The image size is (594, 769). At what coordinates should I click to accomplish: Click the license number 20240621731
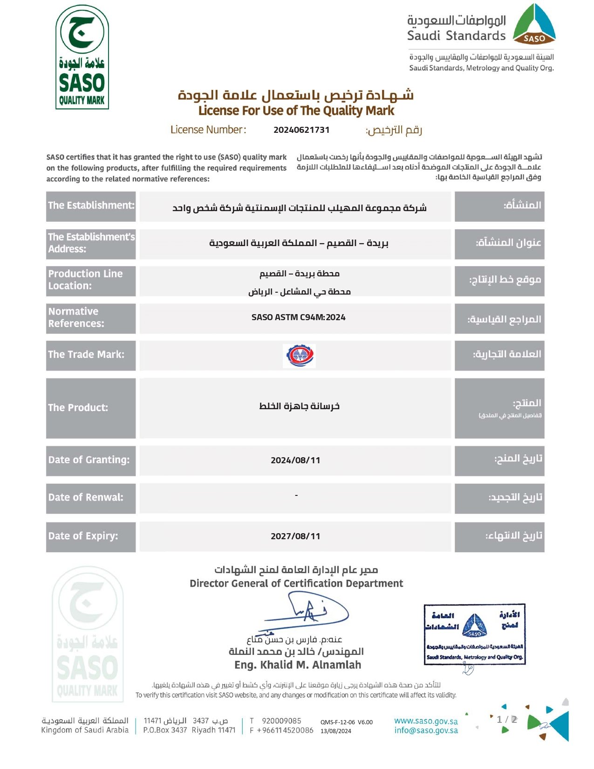[x=301, y=130]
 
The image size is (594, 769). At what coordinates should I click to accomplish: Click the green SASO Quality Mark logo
[x=82, y=57]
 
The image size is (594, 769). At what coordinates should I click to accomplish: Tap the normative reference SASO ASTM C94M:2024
[x=298, y=317]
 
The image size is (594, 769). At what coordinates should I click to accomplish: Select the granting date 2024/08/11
[x=295, y=460]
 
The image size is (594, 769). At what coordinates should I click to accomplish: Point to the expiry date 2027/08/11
[x=295, y=536]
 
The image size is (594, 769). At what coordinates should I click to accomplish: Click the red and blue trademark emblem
[x=299, y=356]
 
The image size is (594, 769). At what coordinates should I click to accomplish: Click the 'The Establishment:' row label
[x=91, y=206]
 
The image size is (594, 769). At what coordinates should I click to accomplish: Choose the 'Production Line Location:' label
[x=86, y=280]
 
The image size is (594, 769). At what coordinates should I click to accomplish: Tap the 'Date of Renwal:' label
[x=86, y=497]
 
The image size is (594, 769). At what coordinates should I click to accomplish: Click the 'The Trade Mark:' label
[x=86, y=355]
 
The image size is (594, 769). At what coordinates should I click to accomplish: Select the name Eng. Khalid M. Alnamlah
[x=298, y=665]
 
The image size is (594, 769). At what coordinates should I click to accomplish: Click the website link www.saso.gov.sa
[x=426, y=721]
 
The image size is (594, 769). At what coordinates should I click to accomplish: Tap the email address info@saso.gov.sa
[x=426, y=731]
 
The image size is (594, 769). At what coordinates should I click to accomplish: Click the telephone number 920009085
[x=281, y=721]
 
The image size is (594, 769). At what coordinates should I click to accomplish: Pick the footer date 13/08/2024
[x=335, y=731]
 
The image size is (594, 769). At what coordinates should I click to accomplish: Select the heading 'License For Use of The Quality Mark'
[x=296, y=111]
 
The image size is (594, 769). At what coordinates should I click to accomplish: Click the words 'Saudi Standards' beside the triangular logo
[x=456, y=36]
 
